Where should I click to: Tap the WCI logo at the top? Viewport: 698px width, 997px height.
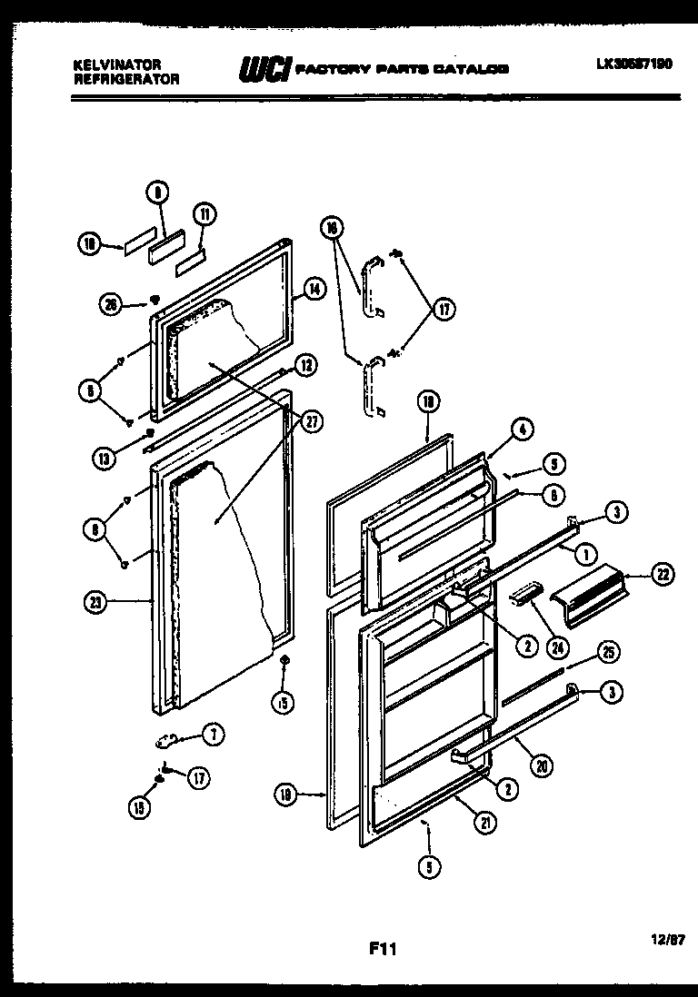coord(262,69)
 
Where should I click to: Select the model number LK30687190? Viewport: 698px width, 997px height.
coord(635,65)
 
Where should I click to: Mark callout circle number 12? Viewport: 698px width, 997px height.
coord(306,366)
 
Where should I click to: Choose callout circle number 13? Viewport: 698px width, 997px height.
coord(105,459)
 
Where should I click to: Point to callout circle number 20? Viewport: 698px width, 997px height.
coord(542,766)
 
